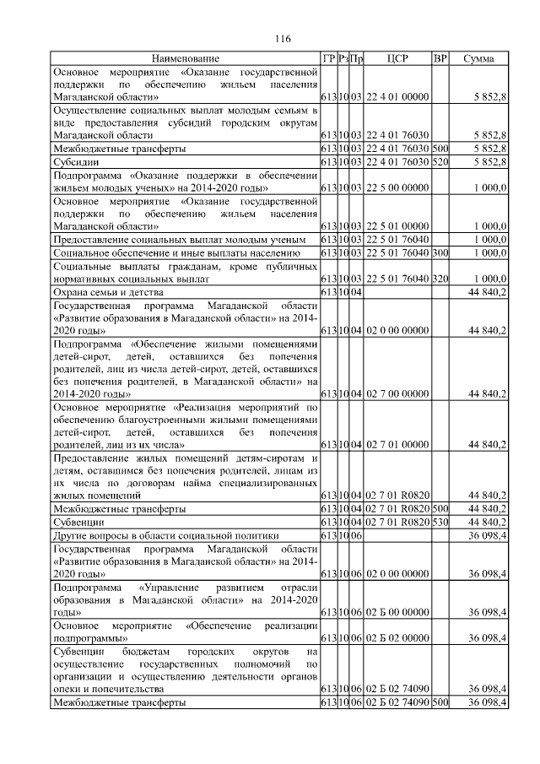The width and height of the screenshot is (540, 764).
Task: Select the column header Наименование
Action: [186, 58]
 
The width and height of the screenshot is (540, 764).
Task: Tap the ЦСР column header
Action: [397, 58]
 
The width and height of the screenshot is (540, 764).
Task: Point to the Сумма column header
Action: [478, 58]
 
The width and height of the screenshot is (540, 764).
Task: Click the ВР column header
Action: [440, 58]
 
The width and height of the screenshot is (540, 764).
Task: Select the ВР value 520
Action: [440, 161]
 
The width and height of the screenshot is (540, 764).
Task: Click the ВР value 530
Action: [440, 523]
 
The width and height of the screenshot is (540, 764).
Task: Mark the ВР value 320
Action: [440, 279]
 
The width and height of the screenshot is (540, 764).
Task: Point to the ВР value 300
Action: [440, 252]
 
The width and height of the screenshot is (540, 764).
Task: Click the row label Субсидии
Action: [75, 161]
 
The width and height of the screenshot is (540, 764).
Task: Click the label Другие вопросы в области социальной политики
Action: [165, 535]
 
